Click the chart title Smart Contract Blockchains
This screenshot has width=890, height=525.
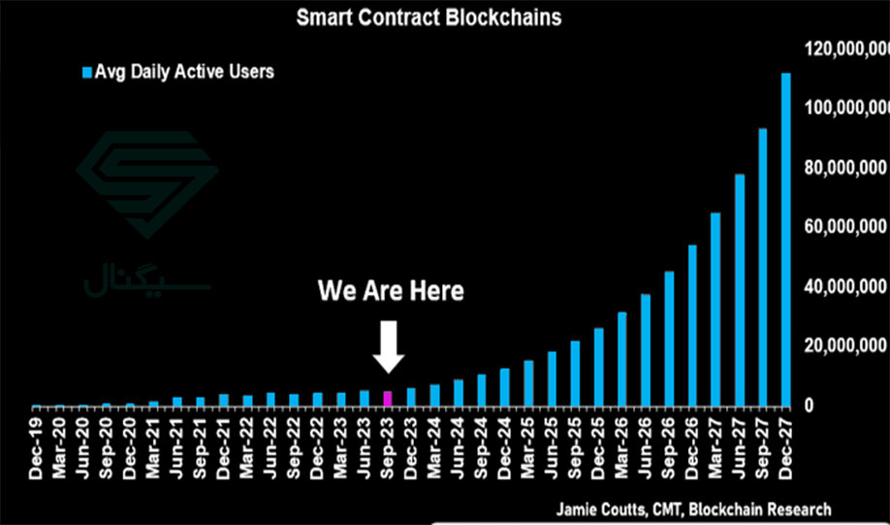[429, 17]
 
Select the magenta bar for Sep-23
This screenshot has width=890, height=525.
[388, 399]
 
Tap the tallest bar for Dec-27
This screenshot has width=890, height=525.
[786, 240]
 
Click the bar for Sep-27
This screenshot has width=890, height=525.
[763, 268]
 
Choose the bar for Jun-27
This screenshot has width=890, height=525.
[740, 290]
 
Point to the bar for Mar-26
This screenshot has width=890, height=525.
[622, 360]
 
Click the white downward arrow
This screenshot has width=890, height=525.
[389, 346]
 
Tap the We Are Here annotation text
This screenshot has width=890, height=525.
[391, 291]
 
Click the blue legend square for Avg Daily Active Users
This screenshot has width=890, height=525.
[87, 72]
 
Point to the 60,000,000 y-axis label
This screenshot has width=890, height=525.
[846, 228]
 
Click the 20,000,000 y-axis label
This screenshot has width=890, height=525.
[846, 346]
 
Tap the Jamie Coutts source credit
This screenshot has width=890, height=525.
[694, 509]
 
